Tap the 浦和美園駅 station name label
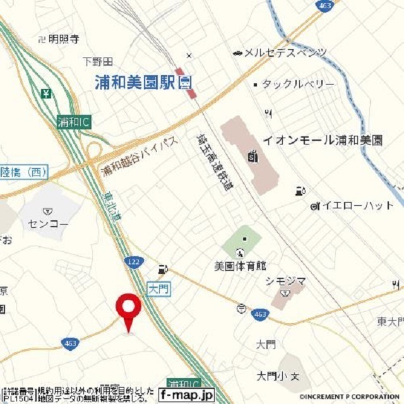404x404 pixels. click(x=136, y=81)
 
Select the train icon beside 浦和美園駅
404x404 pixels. click(x=186, y=81)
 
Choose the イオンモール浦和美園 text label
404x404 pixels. click(x=323, y=140)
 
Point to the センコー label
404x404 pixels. click(x=47, y=223)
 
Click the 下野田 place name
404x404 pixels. click(x=97, y=61)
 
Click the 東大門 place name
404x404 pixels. click(x=390, y=322)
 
